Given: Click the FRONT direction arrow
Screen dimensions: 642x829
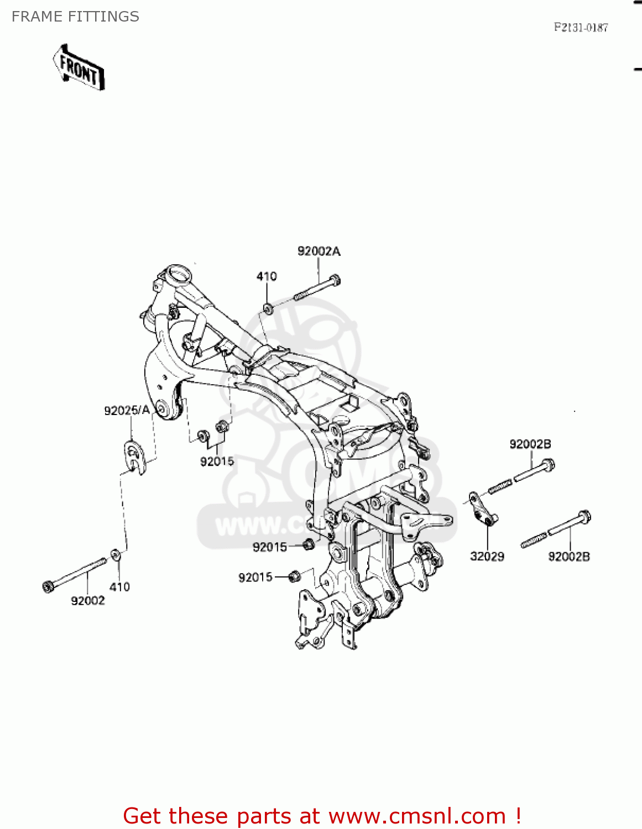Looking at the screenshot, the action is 79,67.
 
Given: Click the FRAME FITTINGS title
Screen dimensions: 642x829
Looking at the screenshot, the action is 75,17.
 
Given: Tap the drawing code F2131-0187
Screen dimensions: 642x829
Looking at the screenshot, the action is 581,27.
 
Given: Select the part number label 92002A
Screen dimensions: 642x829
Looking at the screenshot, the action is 319,251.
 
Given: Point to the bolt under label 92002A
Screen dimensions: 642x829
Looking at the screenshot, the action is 317,288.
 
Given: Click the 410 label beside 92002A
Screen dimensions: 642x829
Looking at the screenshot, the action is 267,276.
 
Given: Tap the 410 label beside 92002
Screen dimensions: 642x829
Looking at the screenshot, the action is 119,587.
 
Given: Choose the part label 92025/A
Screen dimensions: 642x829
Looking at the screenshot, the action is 127,410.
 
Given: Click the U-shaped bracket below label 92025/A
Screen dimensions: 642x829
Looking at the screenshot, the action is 134,457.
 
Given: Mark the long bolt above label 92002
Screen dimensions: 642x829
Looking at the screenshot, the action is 75,574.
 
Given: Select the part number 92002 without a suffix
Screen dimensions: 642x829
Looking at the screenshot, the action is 87,601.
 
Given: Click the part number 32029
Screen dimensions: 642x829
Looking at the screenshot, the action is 487,557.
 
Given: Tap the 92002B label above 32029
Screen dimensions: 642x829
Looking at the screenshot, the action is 530,444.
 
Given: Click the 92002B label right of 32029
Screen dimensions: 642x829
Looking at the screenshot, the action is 568,557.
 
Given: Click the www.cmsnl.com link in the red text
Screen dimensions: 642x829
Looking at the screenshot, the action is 417,816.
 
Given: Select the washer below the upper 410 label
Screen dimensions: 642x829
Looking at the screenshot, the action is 268,308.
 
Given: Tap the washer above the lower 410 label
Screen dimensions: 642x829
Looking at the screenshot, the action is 116,554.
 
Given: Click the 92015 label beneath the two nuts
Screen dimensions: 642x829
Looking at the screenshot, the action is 217,461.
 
